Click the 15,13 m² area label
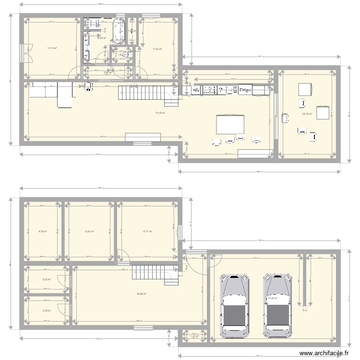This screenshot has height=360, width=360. (x=52, y=48)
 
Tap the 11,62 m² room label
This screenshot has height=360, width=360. (x=157, y=49)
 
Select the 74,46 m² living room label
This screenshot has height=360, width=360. (x=160, y=113)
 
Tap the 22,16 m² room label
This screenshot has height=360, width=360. (x=307, y=114)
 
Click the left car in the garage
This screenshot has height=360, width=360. (x=234, y=305)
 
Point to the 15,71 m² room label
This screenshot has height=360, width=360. (x=147, y=231)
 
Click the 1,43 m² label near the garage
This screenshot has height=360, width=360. (x=194, y=336)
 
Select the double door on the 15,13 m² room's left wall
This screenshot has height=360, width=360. (x=23, y=52)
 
